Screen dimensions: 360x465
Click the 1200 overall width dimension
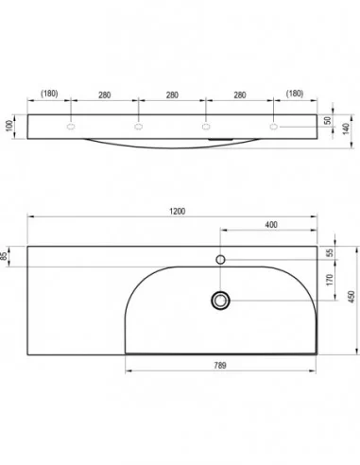click(178, 212)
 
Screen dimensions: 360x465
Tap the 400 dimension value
click(271, 225)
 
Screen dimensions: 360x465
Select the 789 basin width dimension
click(220, 366)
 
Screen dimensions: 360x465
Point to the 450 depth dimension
click(351, 297)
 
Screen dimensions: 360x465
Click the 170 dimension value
click(330, 280)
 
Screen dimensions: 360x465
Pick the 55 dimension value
click(330, 253)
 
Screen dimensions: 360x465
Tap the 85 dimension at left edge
click(4, 256)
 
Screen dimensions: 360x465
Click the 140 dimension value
click(346, 129)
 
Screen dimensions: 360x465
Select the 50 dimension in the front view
click(328, 120)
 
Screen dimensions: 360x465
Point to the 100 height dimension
click(9, 126)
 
